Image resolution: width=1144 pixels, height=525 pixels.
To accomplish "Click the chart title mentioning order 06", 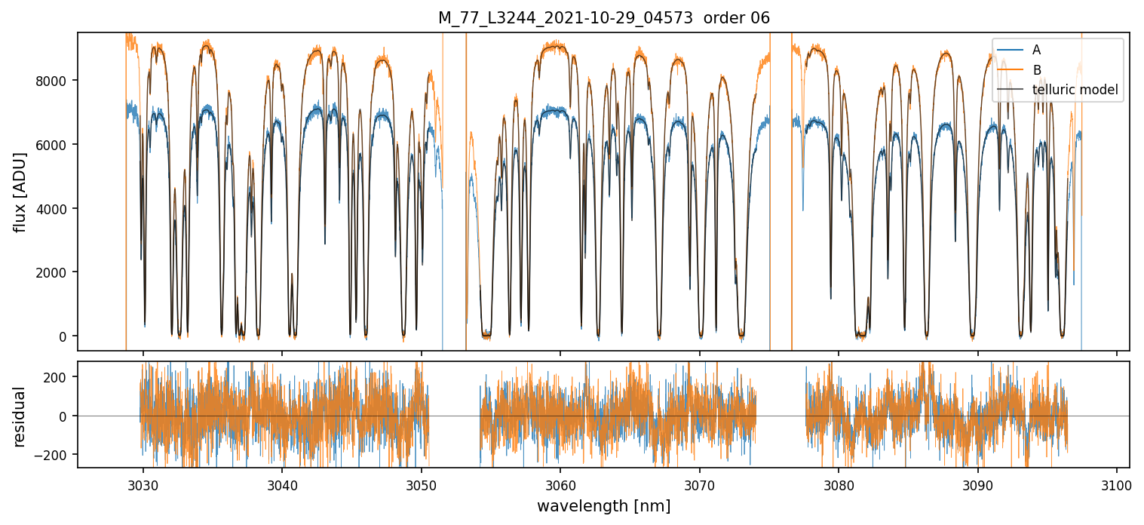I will [x=603, y=18].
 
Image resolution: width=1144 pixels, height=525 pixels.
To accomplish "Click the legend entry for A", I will [x=1037, y=50].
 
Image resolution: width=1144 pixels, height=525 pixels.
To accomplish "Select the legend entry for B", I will [x=1037, y=70].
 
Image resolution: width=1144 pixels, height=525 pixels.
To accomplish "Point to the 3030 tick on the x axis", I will [x=143, y=483].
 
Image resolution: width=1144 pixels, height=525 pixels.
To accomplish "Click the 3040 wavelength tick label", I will [x=282, y=483].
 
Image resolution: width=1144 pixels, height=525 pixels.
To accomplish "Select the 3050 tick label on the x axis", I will [x=421, y=483].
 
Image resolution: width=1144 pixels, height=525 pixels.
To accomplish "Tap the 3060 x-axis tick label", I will [x=560, y=483].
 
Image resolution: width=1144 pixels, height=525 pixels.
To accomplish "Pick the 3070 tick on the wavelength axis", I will [x=699, y=483].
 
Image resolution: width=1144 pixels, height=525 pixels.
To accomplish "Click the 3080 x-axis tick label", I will [x=839, y=483].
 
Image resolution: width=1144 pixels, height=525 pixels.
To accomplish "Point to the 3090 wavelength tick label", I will [x=977, y=483].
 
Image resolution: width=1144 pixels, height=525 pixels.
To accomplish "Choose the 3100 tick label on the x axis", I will [x=1117, y=483].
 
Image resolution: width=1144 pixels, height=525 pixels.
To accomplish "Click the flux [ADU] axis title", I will [x=20, y=192].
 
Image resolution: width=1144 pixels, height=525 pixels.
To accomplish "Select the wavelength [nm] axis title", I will [x=603, y=506].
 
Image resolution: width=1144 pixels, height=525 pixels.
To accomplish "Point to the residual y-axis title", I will [x=20, y=416].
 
